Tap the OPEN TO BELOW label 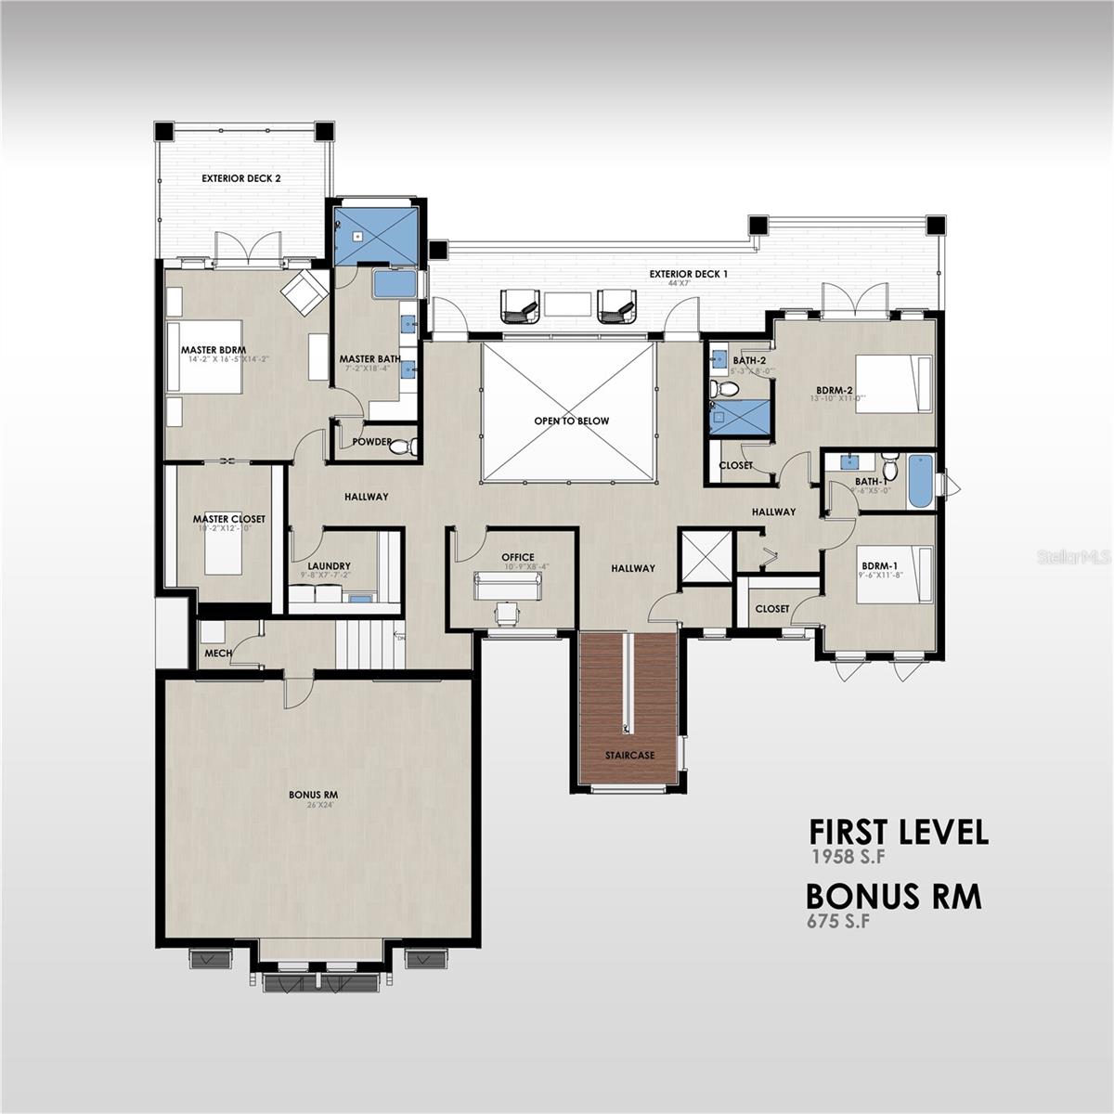(571, 421)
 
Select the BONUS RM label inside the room (312, 796)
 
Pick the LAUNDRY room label (329, 565)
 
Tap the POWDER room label (371, 443)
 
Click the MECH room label (217, 654)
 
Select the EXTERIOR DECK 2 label (241, 177)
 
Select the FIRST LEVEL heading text (898, 832)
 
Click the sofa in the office (507, 586)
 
